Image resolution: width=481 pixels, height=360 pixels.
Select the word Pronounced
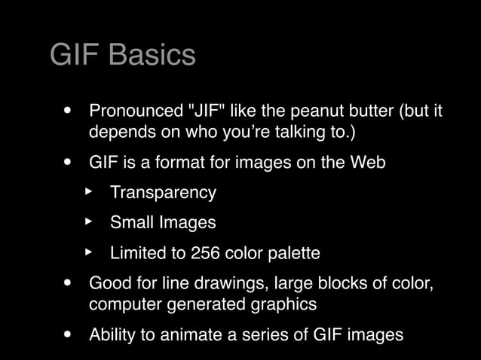134,112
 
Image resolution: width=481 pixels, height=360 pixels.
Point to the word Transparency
163,193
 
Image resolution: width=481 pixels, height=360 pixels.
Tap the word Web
369,163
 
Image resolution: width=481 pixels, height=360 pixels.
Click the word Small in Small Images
130,223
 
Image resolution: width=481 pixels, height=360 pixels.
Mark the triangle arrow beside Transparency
88,191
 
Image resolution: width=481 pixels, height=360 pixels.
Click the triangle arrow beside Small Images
88,221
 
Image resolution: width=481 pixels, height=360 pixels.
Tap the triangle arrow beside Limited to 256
88,252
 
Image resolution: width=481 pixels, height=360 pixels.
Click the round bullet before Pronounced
68,111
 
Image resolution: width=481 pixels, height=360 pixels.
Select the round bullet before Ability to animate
68,334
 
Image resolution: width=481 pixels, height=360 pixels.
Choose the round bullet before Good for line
68,283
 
